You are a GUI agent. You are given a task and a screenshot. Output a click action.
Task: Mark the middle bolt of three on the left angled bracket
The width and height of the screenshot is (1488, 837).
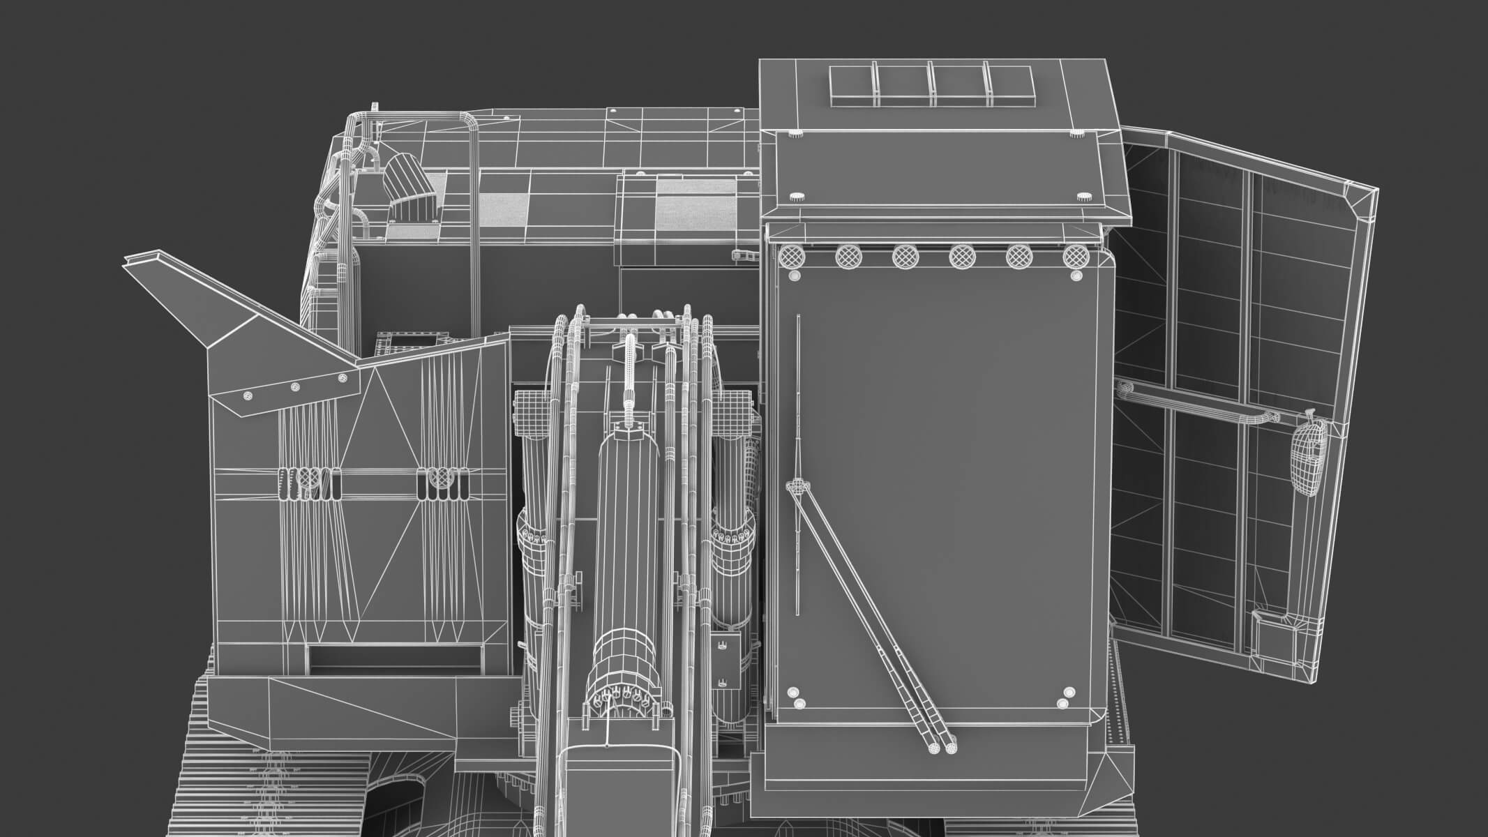pyautogui.click(x=294, y=386)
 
